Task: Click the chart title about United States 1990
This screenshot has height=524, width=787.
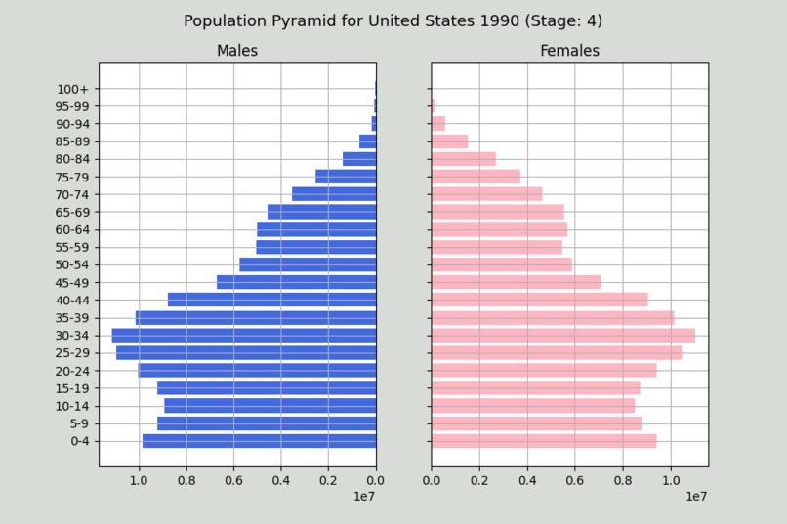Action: point(393,20)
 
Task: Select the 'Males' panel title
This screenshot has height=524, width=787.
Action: point(237,51)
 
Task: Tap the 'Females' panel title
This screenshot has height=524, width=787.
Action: point(569,51)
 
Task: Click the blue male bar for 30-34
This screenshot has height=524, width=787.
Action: point(244,335)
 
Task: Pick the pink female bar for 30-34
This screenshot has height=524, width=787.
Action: point(563,335)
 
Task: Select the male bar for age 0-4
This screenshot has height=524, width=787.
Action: point(260,441)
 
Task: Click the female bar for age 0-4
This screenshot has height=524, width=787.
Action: point(544,441)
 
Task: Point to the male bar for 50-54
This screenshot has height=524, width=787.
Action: point(308,264)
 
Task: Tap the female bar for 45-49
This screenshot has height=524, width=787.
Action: point(516,282)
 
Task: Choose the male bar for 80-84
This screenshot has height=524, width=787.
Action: point(359,159)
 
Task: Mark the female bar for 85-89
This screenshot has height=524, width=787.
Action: point(450,141)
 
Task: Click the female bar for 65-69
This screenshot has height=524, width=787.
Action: point(498,212)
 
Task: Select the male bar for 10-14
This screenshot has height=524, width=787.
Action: point(270,406)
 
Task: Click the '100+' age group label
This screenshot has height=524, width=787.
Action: point(72,89)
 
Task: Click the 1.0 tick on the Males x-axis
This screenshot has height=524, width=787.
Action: point(140,480)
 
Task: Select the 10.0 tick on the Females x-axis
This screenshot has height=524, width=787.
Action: point(671,480)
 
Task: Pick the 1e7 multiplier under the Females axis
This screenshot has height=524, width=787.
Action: point(695,497)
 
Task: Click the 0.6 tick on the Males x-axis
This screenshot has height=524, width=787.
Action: point(234,480)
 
